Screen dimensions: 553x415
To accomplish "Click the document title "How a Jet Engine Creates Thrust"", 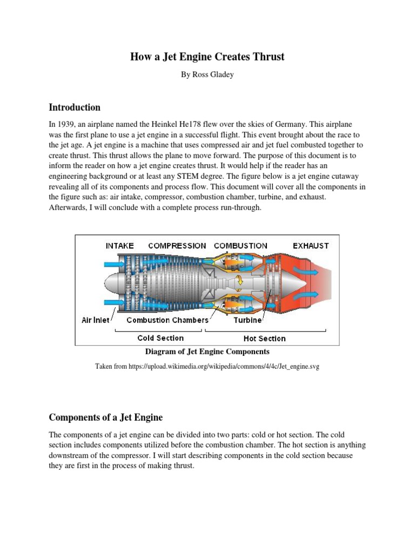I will [x=207, y=56].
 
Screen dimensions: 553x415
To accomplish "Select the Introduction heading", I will [x=75, y=107].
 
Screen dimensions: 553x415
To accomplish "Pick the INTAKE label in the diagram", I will [x=119, y=246].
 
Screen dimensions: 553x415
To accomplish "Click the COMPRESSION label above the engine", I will [x=177, y=246].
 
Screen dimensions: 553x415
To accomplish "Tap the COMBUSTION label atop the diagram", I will [x=240, y=246].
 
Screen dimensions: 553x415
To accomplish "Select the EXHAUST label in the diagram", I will [x=311, y=246].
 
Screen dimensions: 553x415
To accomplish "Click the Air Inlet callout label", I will [x=95, y=320].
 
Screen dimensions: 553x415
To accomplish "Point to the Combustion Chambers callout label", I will [x=168, y=320].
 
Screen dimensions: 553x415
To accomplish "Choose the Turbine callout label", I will [x=247, y=320].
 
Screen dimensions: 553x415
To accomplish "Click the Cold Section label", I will [x=160, y=338].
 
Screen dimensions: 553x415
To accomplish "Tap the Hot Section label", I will [x=264, y=339].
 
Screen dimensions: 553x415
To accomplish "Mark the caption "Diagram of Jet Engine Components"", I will [x=207, y=352].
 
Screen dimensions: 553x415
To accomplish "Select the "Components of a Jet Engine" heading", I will [x=113, y=417].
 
